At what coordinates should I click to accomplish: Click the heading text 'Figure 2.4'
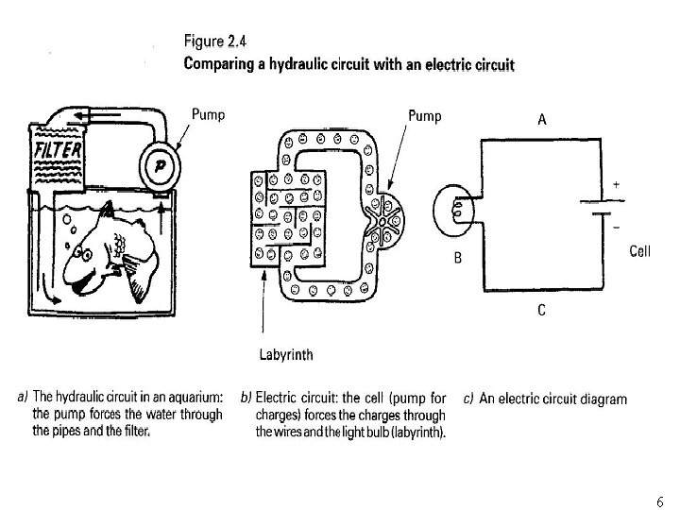[212, 42]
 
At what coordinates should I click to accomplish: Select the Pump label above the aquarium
[209, 114]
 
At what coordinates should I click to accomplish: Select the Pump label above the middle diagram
[424, 114]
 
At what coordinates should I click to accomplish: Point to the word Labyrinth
[286, 355]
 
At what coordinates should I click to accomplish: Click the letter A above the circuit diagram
[543, 119]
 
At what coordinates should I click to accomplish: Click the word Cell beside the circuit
[640, 251]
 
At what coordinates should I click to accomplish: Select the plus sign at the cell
[616, 186]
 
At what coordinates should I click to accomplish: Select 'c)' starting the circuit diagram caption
[469, 399]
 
